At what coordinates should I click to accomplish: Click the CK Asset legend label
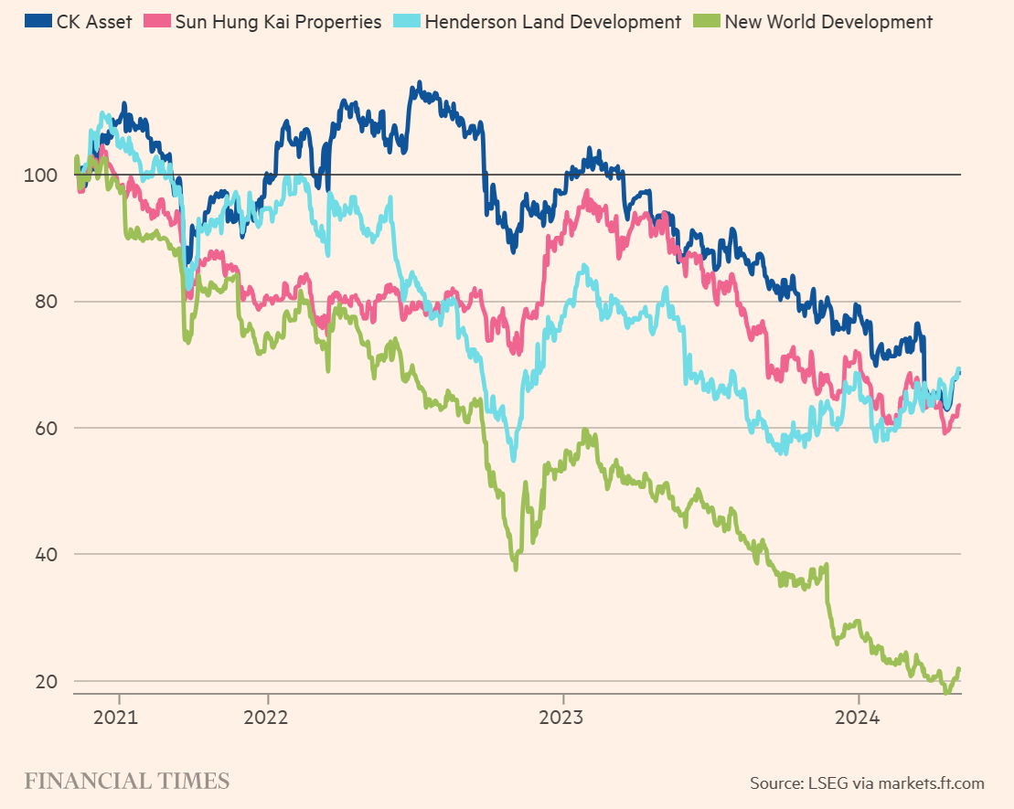coord(94,21)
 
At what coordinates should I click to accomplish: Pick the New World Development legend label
coord(828,21)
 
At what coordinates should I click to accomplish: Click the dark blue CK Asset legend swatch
coord(38,21)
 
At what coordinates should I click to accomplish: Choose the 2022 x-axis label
coord(266,717)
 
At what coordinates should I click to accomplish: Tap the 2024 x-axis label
coord(859,717)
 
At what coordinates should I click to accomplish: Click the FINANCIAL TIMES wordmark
coord(126,782)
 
